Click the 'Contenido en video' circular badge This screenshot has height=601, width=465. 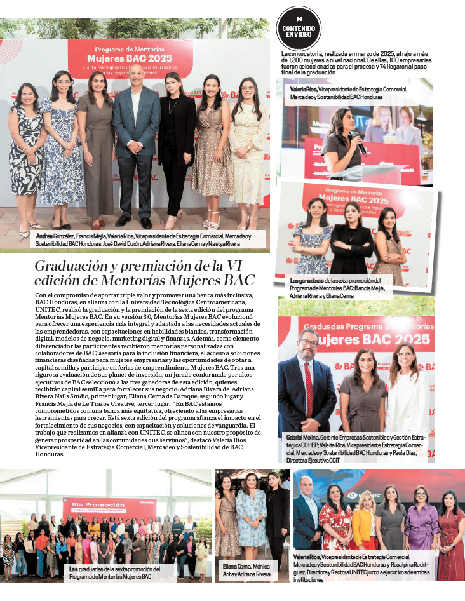(x=299, y=28)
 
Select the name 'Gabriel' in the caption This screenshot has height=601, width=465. (x=294, y=438)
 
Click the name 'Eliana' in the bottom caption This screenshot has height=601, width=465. (x=230, y=565)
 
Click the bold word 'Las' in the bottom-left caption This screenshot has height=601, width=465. (x=74, y=569)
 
